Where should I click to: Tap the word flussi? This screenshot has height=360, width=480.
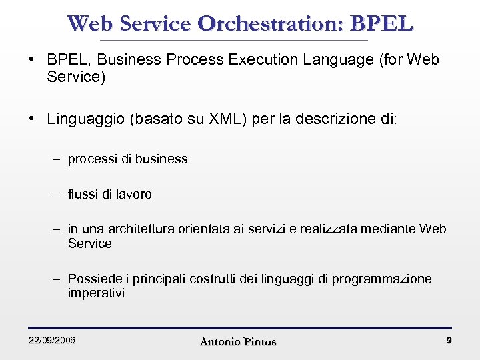click(83, 195)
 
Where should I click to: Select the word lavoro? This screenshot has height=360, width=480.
click(134, 195)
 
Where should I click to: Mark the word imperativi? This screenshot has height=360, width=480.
click(96, 293)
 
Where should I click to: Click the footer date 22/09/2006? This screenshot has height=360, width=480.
click(52, 341)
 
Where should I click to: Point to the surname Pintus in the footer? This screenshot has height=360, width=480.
click(259, 342)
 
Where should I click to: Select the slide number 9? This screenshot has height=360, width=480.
click(449, 341)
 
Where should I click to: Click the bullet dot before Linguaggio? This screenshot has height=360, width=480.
click(32, 119)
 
